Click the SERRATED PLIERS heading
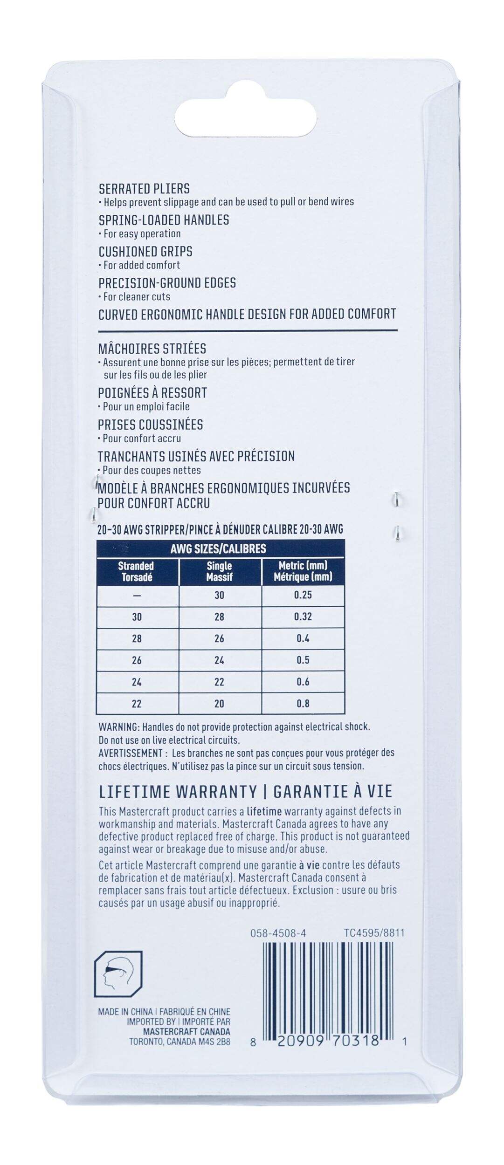[x=144, y=189]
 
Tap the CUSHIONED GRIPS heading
[x=145, y=252]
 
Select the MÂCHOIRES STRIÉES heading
[x=152, y=349]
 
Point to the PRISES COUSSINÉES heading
[x=150, y=425]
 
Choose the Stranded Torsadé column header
[x=136, y=571]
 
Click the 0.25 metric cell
[x=303, y=595]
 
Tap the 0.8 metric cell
[x=303, y=704]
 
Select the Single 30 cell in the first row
[x=219, y=595]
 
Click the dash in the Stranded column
[x=136, y=596]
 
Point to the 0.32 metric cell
[x=303, y=617]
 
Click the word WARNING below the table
[x=118, y=727]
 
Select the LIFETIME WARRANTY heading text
[x=178, y=792]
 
